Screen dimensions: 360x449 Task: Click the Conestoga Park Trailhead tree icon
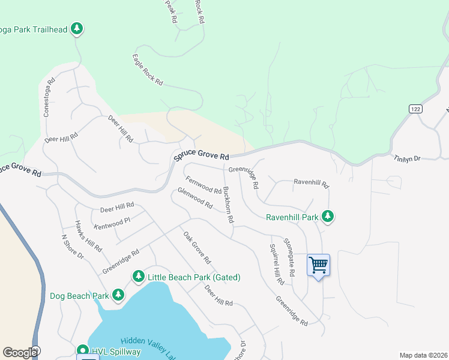point(77,28)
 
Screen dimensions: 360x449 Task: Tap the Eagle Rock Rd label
point(148,70)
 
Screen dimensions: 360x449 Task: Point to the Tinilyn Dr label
point(408,158)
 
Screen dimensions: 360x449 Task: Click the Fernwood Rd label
point(203,185)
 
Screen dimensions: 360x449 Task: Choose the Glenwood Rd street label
point(195,198)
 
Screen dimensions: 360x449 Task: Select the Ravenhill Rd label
point(311,182)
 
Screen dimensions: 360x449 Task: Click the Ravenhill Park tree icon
point(327,215)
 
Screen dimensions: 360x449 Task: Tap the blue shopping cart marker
point(318,265)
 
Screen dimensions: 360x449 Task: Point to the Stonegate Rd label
point(289,256)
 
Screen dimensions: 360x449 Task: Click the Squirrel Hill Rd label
point(276,265)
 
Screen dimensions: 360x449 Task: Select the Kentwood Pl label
point(112,224)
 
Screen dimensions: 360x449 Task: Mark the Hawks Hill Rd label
point(88,236)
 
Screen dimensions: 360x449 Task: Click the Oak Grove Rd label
point(197,248)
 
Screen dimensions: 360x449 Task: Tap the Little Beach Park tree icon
point(139,277)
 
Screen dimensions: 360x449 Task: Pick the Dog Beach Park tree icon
point(118,295)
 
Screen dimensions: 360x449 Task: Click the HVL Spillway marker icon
point(83,350)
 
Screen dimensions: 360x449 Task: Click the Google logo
point(20,352)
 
